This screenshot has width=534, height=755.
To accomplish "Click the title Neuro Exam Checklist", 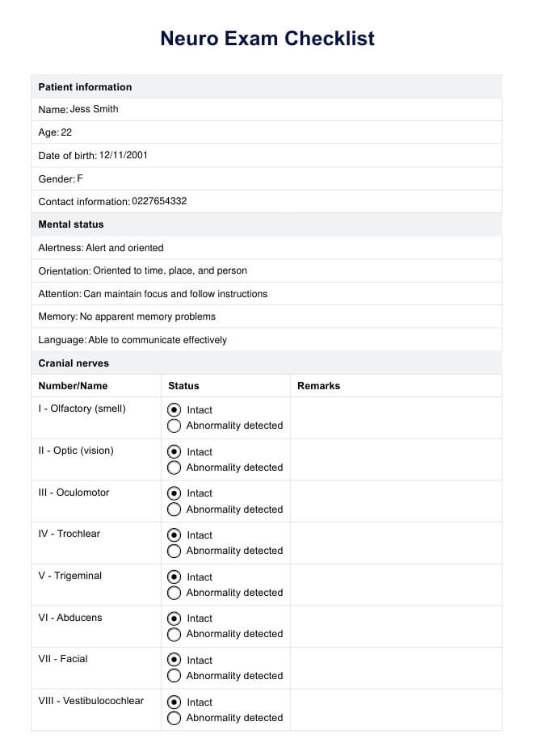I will click(267, 38).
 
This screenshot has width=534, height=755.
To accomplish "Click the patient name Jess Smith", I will click(95, 109).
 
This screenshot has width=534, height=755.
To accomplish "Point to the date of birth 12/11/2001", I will click(123, 155).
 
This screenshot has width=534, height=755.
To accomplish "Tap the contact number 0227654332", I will click(159, 201).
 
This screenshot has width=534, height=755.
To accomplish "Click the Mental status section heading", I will click(71, 224).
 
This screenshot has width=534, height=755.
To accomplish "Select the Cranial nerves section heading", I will click(74, 363).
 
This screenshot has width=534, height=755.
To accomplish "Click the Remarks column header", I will click(318, 386).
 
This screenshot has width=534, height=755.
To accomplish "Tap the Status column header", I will click(183, 386).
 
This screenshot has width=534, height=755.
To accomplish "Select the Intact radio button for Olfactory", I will click(174, 410).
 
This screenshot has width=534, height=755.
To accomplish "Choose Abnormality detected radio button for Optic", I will click(174, 468).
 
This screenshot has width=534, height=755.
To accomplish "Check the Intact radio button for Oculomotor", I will click(174, 493).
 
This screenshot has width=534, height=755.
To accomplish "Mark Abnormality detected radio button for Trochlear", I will click(174, 551).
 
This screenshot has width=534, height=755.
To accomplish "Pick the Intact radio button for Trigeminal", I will click(174, 577).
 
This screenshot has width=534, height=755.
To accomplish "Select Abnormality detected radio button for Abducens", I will click(174, 634).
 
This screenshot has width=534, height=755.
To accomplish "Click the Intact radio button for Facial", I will click(174, 661).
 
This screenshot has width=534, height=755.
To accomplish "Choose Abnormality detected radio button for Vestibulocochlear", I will click(174, 718).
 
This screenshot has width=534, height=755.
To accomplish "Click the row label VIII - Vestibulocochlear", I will click(91, 701).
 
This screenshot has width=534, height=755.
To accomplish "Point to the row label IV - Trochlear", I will click(69, 534).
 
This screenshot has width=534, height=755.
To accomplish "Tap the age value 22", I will click(66, 132).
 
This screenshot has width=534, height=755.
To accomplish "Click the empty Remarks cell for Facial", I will click(395, 668).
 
